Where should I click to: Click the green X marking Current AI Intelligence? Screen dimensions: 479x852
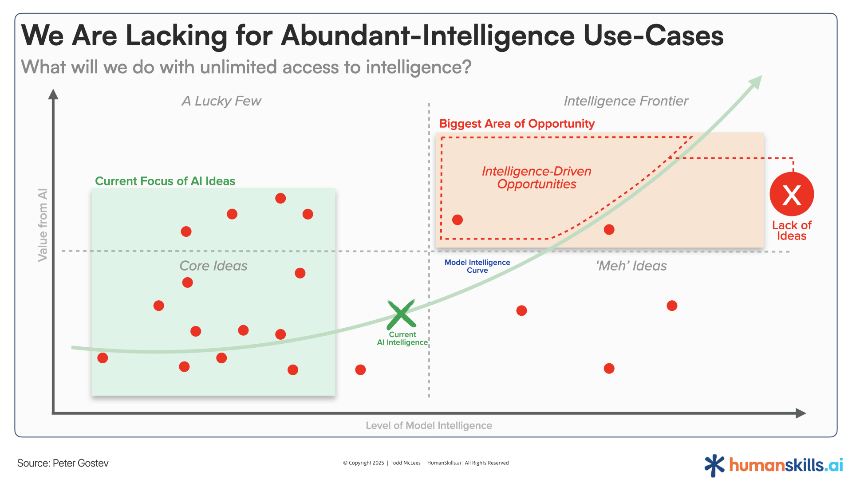point(401,314)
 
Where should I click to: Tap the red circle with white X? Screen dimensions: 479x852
point(792,194)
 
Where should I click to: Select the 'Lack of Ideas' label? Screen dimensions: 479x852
point(792,231)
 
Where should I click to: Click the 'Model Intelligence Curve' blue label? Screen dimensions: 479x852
point(477,266)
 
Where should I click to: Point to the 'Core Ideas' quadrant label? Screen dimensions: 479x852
point(213,266)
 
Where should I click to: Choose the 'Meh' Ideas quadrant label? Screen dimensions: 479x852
point(631,266)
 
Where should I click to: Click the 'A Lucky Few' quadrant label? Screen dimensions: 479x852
point(221,101)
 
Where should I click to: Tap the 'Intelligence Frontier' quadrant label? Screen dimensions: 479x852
point(626,101)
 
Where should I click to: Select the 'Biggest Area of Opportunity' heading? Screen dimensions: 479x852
point(517,124)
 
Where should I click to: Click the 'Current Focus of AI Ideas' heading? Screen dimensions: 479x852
point(165,181)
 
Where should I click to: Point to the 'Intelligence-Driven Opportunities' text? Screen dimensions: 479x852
point(536,177)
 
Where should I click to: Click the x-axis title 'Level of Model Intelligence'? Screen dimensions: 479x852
point(429,425)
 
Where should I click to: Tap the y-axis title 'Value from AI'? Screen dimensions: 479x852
point(43,225)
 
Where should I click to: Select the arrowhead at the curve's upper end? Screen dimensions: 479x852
point(756,82)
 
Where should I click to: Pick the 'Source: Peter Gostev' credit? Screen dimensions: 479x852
point(63,463)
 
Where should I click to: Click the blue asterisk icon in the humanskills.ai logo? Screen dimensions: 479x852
point(714,465)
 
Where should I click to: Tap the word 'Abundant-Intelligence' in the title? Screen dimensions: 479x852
point(428,35)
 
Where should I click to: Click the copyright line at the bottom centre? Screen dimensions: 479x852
point(426,463)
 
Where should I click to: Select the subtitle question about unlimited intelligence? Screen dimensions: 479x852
point(246,67)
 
